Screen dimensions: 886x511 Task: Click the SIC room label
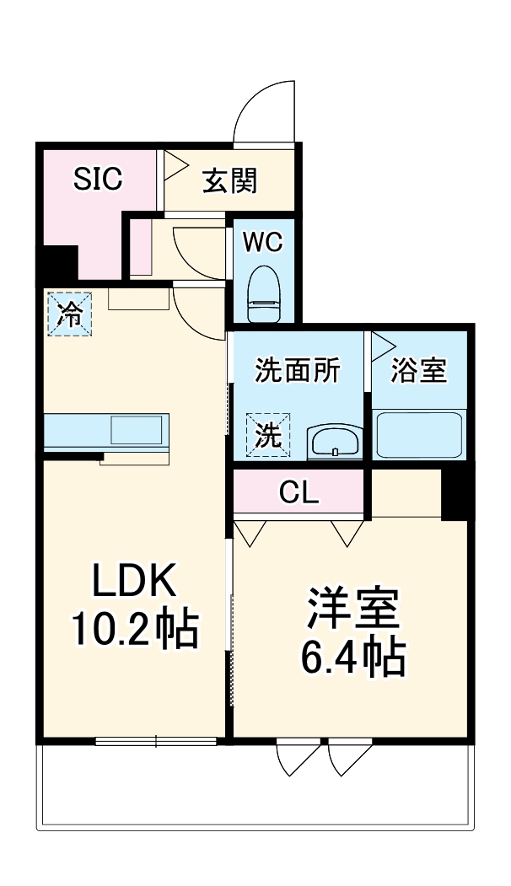click(98, 179)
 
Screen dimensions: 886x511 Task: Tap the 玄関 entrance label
click(229, 180)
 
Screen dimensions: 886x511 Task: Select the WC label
click(262, 242)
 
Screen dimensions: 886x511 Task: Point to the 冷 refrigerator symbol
click(67, 314)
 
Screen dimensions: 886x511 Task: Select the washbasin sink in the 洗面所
click(335, 441)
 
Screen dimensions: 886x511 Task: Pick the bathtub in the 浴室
click(418, 434)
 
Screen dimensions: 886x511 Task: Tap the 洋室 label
click(352, 609)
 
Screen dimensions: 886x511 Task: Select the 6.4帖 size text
click(352, 658)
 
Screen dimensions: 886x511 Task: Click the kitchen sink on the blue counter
click(134, 431)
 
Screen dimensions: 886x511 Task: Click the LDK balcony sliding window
click(156, 742)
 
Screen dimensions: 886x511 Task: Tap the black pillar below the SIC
click(56, 263)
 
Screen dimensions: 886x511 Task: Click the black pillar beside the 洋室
click(455, 492)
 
